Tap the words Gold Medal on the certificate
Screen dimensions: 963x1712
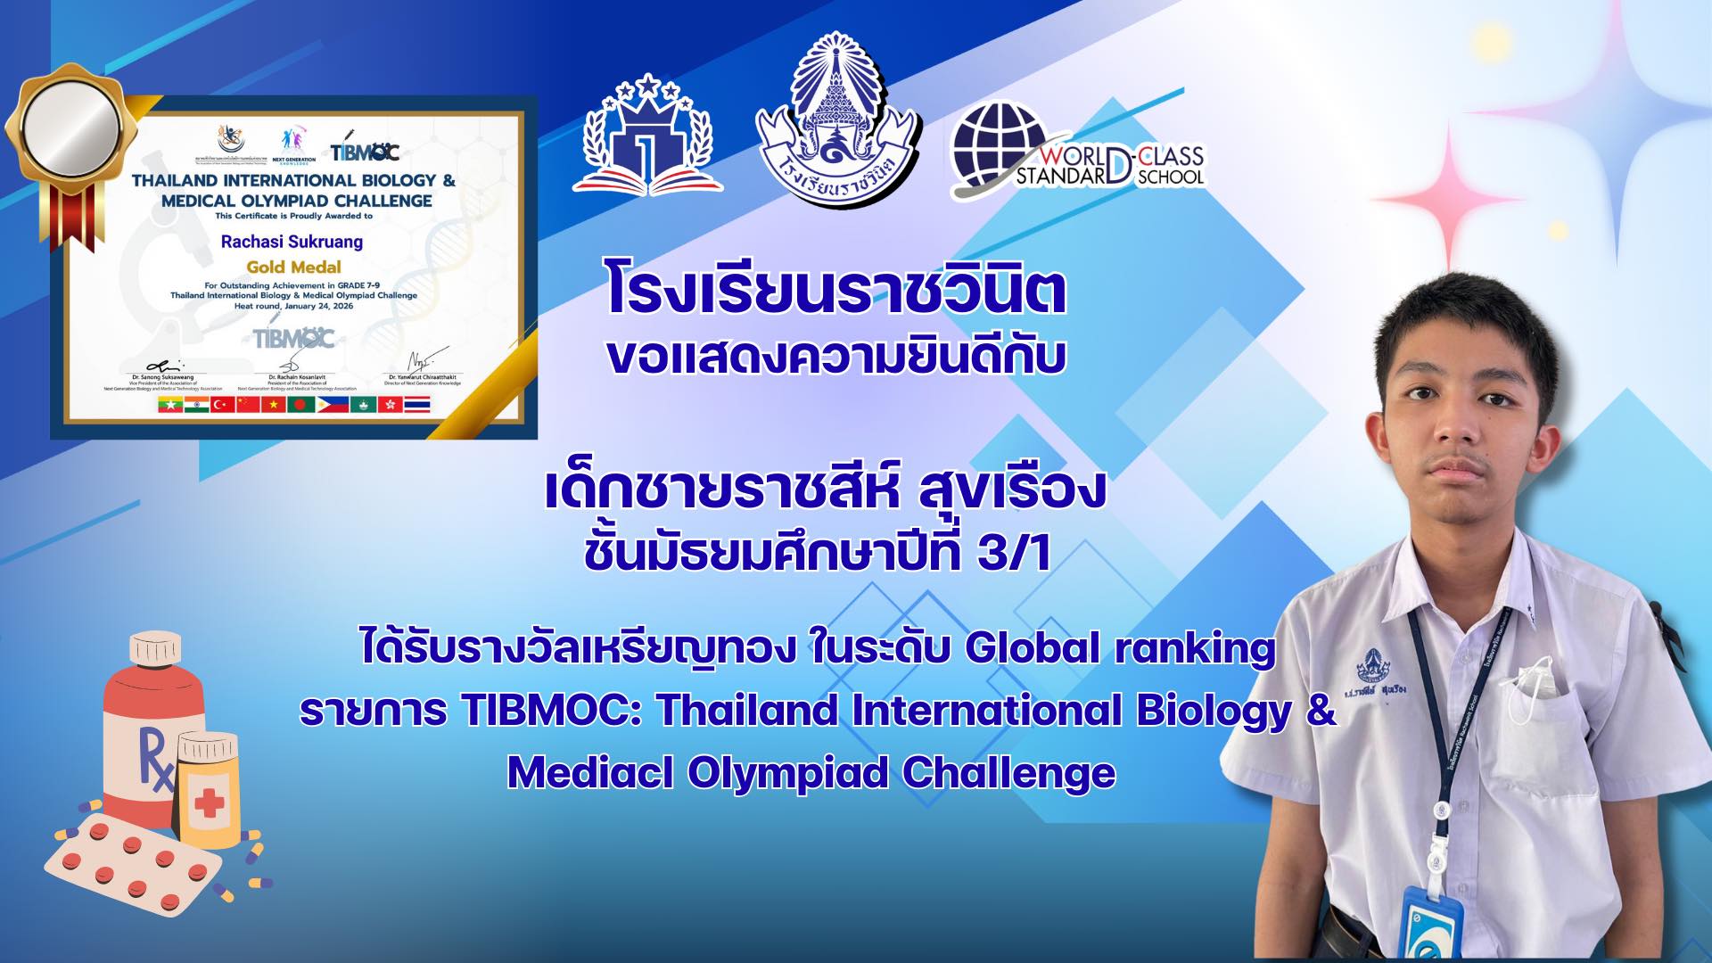pos(293,267)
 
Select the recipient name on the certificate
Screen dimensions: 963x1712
pos(292,242)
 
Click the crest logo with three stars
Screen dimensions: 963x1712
pos(648,134)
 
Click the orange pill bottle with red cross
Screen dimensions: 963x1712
pos(209,789)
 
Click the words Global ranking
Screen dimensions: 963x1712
pos(1120,648)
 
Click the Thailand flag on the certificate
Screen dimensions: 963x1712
pos(417,405)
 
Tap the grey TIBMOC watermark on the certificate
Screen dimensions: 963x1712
pos(293,339)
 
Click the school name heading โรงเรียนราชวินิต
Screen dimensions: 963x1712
pos(835,290)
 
